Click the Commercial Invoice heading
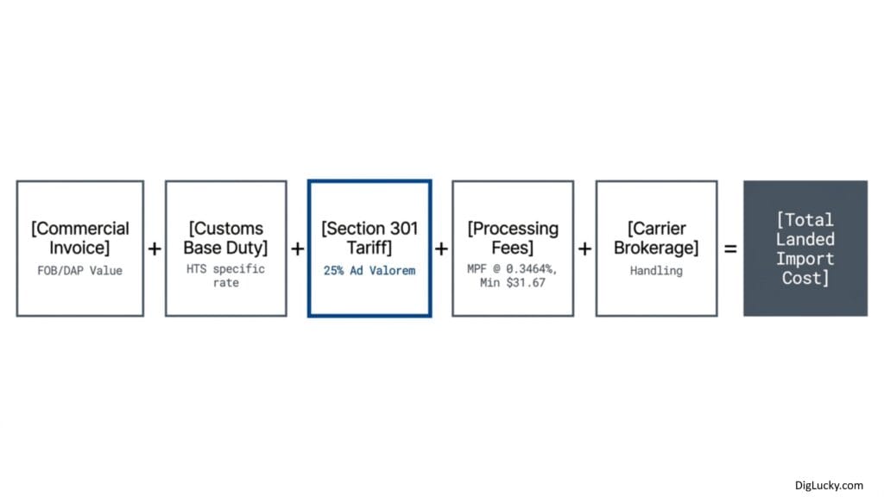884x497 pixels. click(80, 238)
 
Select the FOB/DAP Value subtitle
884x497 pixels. click(80, 270)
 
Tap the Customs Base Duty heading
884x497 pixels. click(225, 238)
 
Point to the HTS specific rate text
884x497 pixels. click(225, 275)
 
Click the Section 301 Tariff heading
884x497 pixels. click(369, 238)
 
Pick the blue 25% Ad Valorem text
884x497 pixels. click(369, 270)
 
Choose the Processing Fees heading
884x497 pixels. click(513, 238)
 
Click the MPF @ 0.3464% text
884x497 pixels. click(512, 269)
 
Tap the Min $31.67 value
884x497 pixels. click(513, 283)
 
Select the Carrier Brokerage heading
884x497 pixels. click(656, 238)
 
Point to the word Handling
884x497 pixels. click(656, 270)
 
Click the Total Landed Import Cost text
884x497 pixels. click(805, 248)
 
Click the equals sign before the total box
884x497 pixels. click(730, 248)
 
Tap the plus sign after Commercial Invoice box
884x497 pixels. click(155, 248)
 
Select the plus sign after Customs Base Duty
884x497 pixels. click(298, 248)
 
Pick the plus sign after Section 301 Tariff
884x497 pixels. click(441, 248)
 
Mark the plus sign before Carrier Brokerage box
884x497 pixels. click(585, 248)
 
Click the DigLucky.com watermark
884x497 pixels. click(829, 485)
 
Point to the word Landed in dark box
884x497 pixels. click(805, 240)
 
